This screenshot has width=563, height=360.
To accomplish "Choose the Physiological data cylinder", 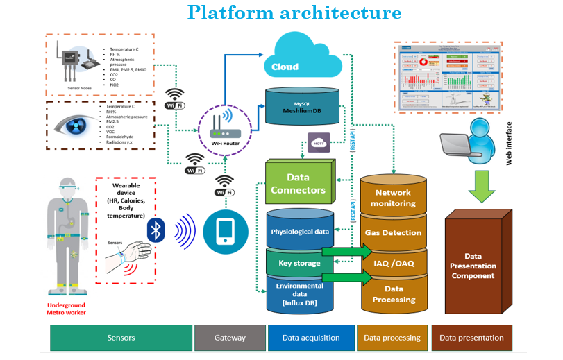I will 299,231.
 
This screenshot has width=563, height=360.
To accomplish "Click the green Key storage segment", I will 299,263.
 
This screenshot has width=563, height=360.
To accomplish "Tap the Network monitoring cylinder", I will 393,198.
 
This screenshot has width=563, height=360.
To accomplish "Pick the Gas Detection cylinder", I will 393,232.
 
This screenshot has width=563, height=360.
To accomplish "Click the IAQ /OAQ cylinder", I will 393,264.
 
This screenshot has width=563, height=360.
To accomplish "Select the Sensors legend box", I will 121,338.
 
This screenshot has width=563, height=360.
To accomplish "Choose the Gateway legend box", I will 230,338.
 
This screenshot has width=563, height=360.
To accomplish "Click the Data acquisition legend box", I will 311,338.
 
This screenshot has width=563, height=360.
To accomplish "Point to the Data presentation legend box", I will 471,338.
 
